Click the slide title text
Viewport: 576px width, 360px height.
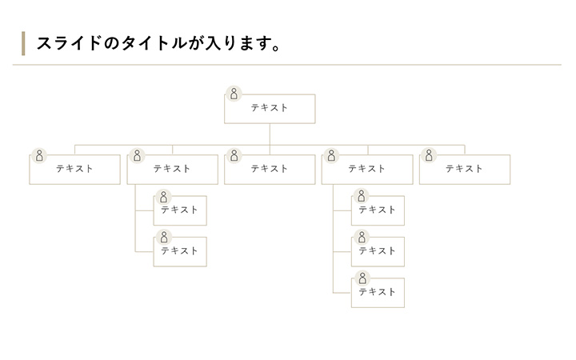point(158,42)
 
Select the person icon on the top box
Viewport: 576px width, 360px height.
point(234,94)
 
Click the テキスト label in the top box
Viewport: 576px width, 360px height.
point(270,108)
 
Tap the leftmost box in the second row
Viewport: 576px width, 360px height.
point(74,170)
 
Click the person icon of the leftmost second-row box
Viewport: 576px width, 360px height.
point(38,155)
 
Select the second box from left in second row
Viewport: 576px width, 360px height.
point(172,170)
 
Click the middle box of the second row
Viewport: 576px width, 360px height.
point(270,170)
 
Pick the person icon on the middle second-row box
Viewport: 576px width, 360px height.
point(234,155)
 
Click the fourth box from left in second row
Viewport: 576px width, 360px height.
point(367,170)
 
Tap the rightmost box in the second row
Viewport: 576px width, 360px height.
point(465,170)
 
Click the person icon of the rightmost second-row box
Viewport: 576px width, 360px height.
point(429,155)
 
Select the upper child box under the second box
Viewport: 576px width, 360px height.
point(180,210)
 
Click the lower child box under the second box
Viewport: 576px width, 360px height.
point(180,251)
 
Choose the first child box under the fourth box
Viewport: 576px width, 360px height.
point(378,210)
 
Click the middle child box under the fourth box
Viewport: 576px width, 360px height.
point(378,251)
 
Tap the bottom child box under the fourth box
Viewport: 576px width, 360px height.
point(378,293)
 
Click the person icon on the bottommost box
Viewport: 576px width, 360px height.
point(362,278)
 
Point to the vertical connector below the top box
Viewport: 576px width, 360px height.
point(270,134)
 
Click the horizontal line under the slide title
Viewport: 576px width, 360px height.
point(288,64)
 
